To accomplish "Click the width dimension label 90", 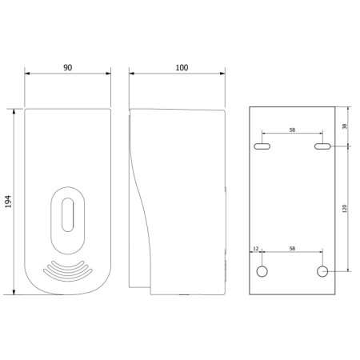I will (x=67, y=68).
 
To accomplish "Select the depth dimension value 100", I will (x=182, y=68).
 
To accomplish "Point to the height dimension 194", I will (x=9, y=202).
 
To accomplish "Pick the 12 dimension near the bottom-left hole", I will (x=256, y=250).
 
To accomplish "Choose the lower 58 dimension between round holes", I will (x=292, y=250).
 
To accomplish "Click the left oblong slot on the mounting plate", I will (x=262, y=147).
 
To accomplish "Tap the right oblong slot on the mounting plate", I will (x=322, y=147).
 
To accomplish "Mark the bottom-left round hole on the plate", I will (x=262, y=272).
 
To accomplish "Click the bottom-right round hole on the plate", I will (x=322, y=272).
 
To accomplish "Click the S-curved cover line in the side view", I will (x=142, y=200).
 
